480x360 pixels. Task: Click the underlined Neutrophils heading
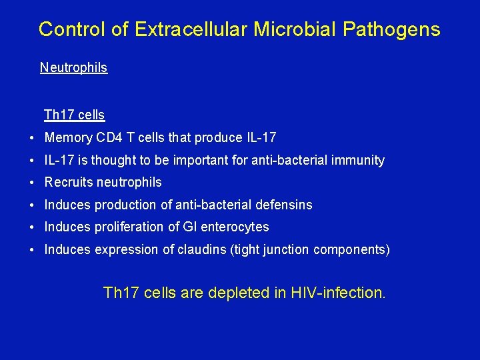click(73, 67)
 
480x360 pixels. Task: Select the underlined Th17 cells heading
click(74, 115)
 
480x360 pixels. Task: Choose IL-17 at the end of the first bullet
click(261, 138)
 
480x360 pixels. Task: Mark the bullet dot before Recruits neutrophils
click(32, 183)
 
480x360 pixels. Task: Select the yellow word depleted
click(237, 292)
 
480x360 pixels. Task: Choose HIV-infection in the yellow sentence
click(338, 292)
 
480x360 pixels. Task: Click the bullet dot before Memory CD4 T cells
click(32, 139)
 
